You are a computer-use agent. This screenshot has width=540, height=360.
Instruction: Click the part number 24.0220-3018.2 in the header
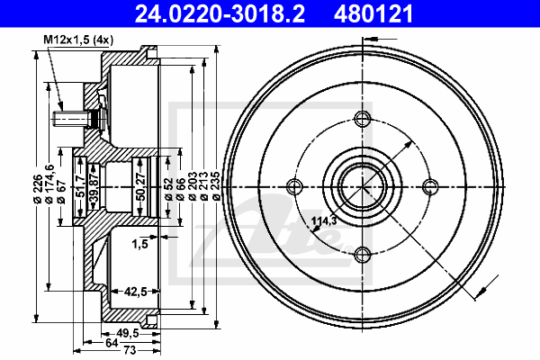point(220,14)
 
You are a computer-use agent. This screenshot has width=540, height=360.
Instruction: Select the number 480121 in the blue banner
point(373,14)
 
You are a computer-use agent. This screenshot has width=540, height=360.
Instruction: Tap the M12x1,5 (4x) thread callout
point(78,40)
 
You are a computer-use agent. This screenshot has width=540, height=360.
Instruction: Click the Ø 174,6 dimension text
point(49,184)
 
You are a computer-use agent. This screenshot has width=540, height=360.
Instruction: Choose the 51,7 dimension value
point(80,186)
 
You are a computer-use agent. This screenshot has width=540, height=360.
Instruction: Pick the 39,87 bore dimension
point(94,187)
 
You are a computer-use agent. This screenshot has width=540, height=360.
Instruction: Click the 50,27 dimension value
point(140,187)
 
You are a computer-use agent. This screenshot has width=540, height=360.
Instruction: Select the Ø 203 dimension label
point(193,185)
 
